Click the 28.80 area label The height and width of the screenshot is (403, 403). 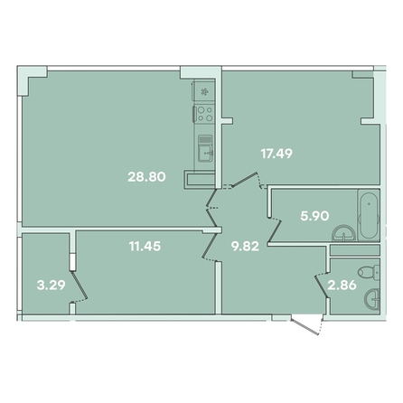click(x=146, y=177)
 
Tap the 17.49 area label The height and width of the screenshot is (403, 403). click(x=276, y=154)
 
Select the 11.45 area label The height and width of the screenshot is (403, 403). click(x=145, y=247)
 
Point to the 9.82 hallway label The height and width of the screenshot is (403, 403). click(x=245, y=247)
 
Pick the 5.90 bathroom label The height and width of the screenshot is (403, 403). click(x=314, y=216)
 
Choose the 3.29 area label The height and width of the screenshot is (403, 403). click(x=51, y=285)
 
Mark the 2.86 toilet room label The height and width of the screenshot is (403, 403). click(x=342, y=285)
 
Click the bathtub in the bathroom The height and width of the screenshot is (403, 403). click(x=369, y=215)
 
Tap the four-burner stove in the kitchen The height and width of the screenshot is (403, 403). click(x=204, y=114)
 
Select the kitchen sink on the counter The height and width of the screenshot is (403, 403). click(x=205, y=148)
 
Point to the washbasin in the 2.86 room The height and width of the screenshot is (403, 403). click(x=372, y=299)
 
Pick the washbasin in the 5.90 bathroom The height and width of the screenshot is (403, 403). click(x=344, y=234)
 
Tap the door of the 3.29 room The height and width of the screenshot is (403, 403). click(x=79, y=286)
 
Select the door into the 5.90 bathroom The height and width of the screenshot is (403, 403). click(x=274, y=230)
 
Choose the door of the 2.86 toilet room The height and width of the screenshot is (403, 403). click(x=321, y=286)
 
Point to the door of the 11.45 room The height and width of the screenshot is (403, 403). click(x=210, y=247)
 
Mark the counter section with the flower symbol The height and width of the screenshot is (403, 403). click(x=204, y=90)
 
